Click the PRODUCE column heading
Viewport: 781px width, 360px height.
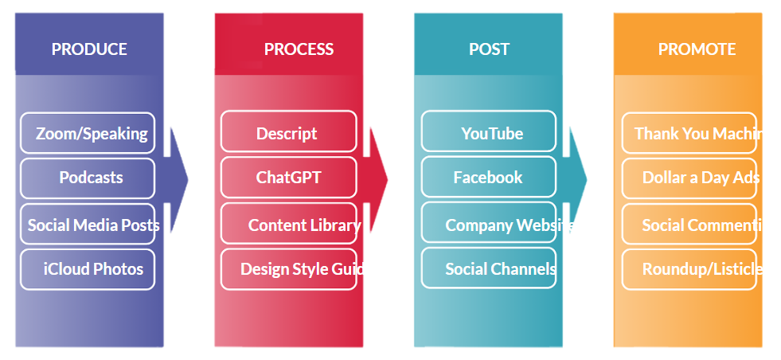(x=89, y=49)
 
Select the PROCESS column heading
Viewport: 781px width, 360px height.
(x=299, y=49)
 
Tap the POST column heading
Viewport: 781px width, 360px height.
(x=489, y=49)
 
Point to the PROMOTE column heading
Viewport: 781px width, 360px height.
(x=697, y=49)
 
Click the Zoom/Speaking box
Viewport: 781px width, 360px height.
(x=88, y=133)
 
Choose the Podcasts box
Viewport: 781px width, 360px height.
(x=88, y=178)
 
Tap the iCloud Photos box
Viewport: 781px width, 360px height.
(x=88, y=269)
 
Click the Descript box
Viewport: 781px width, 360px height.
(x=287, y=133)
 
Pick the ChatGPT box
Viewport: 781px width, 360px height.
(x=288, y=178)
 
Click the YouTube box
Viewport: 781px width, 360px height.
(x=489, y=133)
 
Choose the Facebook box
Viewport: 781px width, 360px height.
(x=488, y=178)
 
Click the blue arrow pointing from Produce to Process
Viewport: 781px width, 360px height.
(x=178, y=180)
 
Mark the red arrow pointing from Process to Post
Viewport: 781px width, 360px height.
(x=378, y=180)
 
